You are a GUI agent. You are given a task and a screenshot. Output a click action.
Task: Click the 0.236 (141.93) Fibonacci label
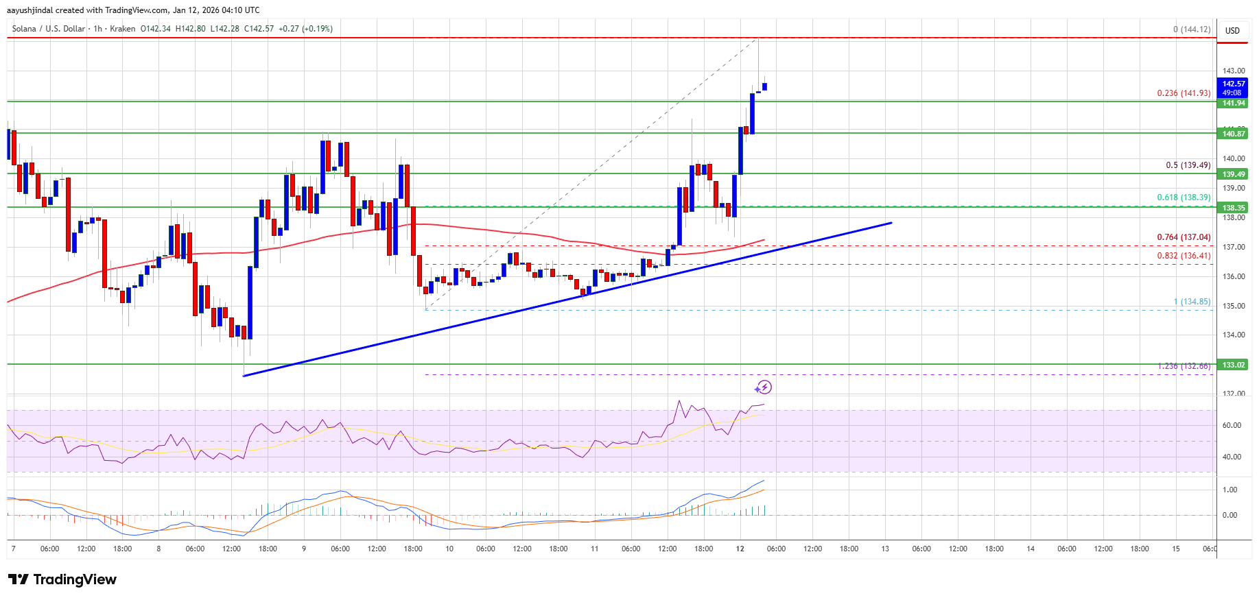(1184, 93)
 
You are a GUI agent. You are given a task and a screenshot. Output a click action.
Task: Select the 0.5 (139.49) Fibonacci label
(1188, 165)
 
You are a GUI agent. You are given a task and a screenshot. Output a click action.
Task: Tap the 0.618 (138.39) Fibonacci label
(1184, 197)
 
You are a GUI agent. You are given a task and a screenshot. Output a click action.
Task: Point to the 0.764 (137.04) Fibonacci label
(1184, 237)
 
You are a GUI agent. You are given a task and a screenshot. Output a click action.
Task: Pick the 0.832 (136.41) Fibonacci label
(1184, 256)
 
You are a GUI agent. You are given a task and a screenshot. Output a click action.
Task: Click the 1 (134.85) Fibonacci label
(1192, 302)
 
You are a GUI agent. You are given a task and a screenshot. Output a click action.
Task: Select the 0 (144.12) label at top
(1192, 29)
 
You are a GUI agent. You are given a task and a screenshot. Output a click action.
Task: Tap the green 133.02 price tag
(1233, 365)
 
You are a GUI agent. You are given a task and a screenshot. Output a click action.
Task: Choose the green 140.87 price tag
(1233, 134)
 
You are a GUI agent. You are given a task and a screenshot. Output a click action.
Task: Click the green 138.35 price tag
(1233, 208)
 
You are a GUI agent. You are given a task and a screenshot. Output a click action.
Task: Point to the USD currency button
(1232, 31)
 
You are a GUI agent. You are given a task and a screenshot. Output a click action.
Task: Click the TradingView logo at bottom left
(62, 579)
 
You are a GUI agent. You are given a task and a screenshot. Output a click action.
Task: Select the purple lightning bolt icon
(763, 387)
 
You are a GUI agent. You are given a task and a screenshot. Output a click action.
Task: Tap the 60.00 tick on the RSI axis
(1232, 425)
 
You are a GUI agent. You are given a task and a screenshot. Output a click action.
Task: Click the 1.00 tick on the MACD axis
(1230, 490)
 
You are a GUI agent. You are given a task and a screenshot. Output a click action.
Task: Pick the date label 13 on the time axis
(885, 549)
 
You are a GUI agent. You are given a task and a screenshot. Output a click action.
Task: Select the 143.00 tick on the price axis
(1234, 71)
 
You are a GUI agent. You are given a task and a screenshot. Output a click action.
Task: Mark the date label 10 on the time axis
(449, 549)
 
